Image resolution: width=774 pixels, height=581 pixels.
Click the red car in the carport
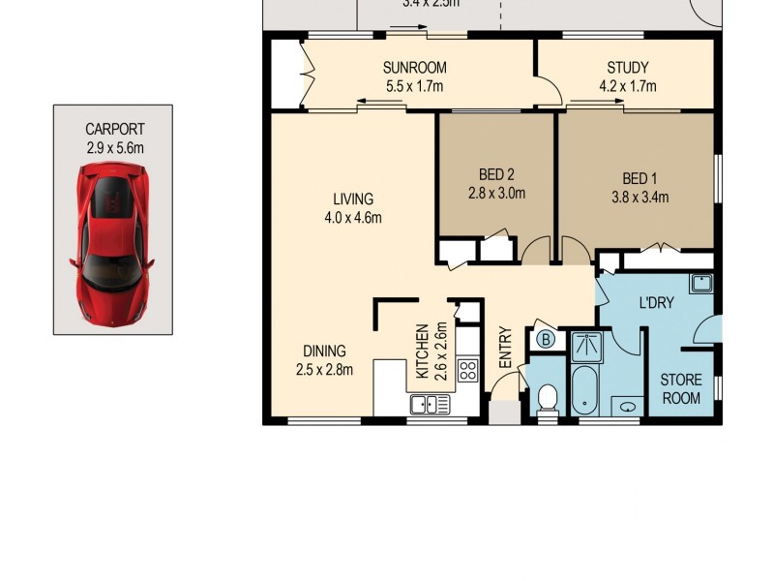(112, 245)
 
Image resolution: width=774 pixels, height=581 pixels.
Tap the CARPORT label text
(114, 129)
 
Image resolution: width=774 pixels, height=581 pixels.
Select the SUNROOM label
(414, 68)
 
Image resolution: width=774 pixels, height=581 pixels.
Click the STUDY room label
(627, 68)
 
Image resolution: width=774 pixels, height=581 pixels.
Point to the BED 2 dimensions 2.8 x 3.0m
(495, 193)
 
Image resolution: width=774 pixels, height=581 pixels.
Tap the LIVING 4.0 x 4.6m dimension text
(352, 218)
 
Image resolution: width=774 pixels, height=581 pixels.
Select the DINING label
(324, 351)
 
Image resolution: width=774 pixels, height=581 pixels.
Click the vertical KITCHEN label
(422, 351)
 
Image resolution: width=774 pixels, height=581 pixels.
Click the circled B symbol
(545, 340)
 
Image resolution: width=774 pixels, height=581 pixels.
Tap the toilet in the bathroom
(548, 399)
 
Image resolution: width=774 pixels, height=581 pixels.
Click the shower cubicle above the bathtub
(585, 346)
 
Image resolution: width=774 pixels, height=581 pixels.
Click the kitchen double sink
(430, 404)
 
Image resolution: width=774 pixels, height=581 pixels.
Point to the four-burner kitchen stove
(468, 369)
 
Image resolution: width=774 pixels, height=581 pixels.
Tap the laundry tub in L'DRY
(701, 284)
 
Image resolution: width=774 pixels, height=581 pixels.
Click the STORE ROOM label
(680, 388)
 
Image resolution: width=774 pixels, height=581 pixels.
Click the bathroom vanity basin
(629, 405)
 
